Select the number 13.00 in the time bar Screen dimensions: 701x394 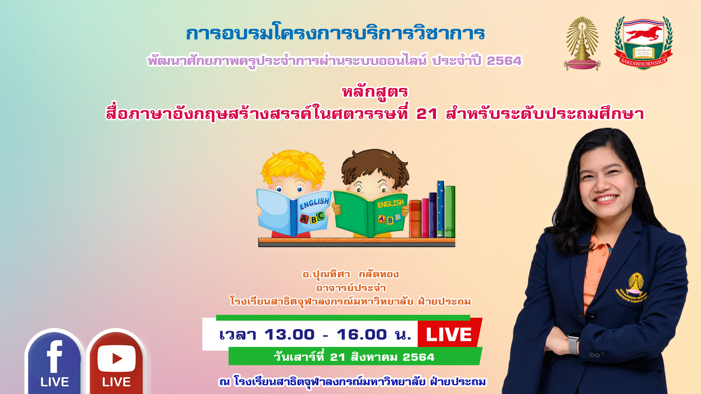pos(290,335)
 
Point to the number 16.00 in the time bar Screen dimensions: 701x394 pos(362,335)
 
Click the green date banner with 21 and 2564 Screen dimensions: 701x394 pos(355,356)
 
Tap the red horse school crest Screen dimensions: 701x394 pos(644,43)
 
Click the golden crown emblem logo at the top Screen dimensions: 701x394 pos(582,43)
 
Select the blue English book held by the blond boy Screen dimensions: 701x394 pos(294,212)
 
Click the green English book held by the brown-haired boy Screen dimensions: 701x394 pos(371,213)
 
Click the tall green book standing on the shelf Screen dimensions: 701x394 pos(450,212)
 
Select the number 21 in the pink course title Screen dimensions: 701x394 pos(427,114)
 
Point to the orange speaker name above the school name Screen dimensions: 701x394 pos(350,274)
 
